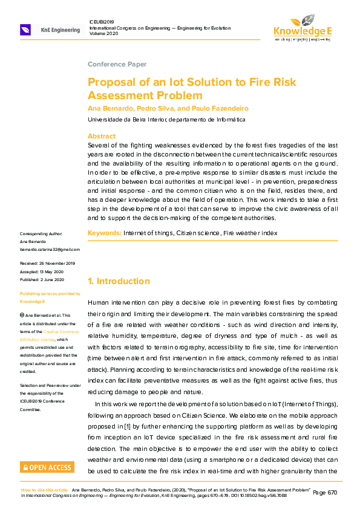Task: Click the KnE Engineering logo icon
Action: [x=25, y=30]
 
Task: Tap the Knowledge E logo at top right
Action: [x=303, y=27]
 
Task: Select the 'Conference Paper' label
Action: [x=117, y=64]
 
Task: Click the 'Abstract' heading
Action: [x=102, y=136]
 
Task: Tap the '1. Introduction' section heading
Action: [x=119, y=281]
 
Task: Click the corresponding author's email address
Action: [x=50, y=249]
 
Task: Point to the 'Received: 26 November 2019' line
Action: [x=47, y=264]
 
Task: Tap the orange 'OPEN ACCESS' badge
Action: [x=47, y=467]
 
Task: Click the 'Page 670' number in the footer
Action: [x=327, y=493]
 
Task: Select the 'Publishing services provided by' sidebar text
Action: [x=50, y=294]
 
